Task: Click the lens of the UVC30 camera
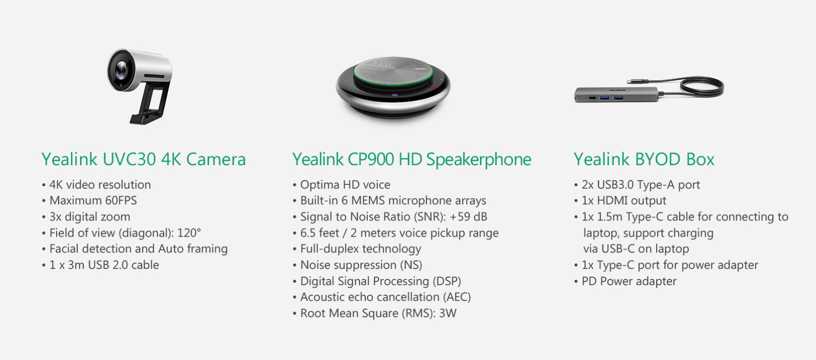tap(121, 70)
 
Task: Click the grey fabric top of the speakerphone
tap(393, 71)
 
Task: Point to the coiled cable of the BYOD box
tap(702, 87)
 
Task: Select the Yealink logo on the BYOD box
tap(617, 90)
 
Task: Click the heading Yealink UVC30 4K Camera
tap(144, 159)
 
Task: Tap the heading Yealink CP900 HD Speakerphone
tap(412, 159)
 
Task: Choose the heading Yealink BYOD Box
tap(644, 159)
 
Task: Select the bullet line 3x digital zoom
tap(86, 216)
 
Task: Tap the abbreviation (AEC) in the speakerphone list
tap(457, 297)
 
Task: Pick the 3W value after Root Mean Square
tap(448, 313)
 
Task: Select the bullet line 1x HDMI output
tap(620, 201)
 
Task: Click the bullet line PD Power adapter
tap(625, 281)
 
